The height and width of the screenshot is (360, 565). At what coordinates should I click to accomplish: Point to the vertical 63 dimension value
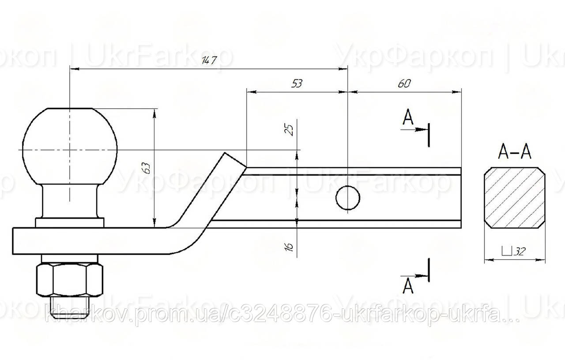147,167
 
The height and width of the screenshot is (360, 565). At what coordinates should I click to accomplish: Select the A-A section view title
514,152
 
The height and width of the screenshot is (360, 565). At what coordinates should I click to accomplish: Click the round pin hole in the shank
348,198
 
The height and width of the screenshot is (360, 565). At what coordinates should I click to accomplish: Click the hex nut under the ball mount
70,280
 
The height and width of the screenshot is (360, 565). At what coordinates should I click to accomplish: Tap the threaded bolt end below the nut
70,307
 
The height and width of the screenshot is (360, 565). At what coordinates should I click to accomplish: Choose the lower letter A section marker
409,286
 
